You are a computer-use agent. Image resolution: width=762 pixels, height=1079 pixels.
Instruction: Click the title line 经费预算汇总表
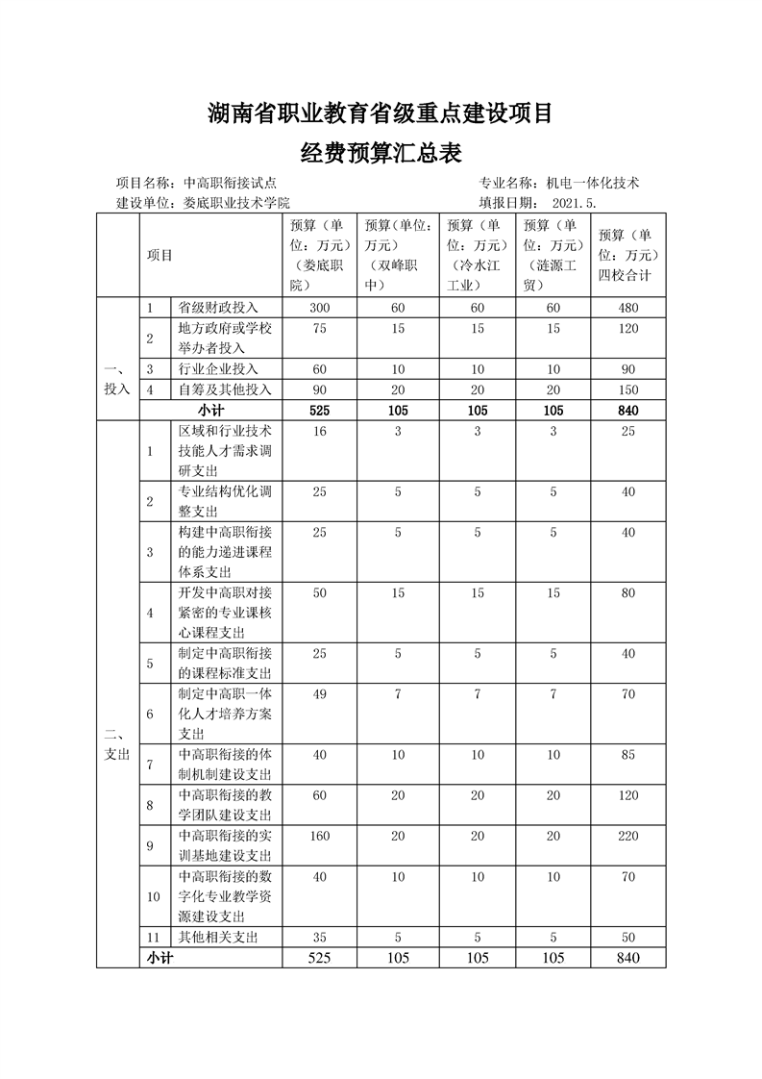point(381,151)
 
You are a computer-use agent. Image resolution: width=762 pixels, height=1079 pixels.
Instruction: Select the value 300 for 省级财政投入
point(319,308)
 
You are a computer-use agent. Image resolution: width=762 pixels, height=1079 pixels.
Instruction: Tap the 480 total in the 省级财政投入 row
point(628,308)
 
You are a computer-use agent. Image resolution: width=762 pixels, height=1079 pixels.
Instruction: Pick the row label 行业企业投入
point(218,368)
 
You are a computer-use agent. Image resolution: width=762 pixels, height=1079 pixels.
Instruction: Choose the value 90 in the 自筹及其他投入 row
point(319,389)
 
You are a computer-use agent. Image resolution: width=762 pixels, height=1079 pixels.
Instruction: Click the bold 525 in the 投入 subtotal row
point(319,411)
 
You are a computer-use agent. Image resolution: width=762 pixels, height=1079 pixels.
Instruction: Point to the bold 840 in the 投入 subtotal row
point(628,411)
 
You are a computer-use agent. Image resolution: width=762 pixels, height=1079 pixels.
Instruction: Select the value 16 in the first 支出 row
point(319,432)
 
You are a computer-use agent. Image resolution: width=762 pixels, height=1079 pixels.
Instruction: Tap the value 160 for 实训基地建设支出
point(319,836)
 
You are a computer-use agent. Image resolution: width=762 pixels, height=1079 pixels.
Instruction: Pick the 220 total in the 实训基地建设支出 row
point(628,836)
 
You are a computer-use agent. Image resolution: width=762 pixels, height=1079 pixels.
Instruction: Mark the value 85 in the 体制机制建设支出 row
point(628,755)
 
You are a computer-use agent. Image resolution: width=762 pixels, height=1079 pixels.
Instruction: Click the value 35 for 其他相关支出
point(319,937)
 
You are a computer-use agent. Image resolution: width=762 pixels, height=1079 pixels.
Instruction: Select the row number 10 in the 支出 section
point(153,895)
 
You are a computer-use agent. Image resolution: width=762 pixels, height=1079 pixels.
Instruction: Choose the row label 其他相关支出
point(218,937)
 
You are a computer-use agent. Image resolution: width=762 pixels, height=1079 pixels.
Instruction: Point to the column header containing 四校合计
point(628,255)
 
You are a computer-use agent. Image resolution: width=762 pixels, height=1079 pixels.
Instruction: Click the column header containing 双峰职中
point(397,255)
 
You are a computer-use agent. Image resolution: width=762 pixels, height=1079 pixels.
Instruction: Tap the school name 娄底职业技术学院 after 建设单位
point(236,203)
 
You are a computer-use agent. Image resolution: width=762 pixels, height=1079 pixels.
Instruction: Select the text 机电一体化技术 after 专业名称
point(593,183)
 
